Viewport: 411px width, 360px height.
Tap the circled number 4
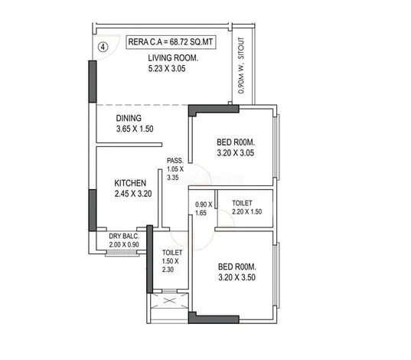103,45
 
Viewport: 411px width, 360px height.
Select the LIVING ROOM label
174,57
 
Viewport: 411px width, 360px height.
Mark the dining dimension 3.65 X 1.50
135,129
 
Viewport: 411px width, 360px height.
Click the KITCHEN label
132,183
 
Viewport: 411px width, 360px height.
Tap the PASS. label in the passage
175,160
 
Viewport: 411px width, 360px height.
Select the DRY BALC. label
123,236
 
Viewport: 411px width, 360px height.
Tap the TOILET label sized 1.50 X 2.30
170,254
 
